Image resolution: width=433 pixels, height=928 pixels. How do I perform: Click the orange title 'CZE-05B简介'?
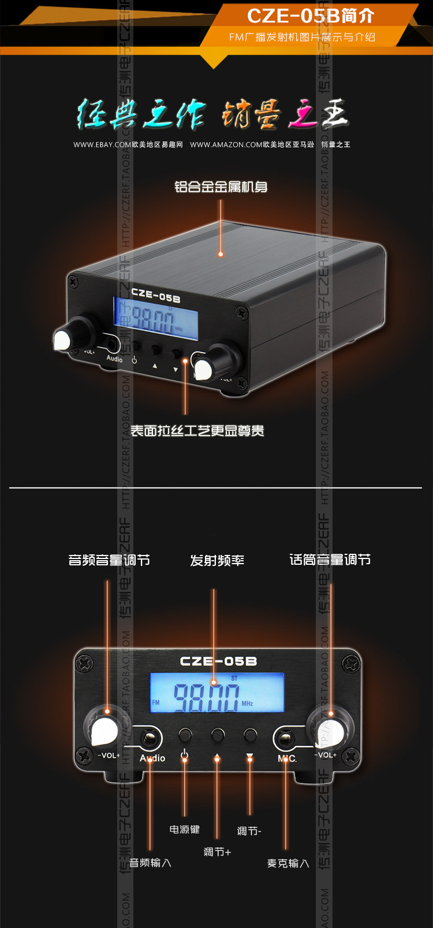(310, 16)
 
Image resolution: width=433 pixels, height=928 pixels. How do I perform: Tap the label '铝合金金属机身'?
(221, 187)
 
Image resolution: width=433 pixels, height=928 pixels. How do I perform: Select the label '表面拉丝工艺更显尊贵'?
(197, 431)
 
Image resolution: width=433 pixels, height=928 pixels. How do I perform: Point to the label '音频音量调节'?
(109, 560)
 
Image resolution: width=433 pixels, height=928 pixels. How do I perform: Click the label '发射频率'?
(217, 560)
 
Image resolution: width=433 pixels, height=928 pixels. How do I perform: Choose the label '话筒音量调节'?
(330, 560)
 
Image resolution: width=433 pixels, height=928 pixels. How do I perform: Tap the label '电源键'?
(184, 829)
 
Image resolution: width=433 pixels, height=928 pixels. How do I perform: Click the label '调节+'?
(217, 852)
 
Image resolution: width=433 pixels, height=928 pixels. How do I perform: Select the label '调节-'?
(249, 831)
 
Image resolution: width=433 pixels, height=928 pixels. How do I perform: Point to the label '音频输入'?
(150, 863)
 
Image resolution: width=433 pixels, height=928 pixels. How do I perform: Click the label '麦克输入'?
(288, 863)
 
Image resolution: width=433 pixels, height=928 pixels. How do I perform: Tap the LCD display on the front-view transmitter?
(217, 692)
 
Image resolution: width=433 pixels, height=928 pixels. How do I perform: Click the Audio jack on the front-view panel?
(151, 737)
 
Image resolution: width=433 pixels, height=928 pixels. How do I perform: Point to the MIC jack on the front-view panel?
(285, 737)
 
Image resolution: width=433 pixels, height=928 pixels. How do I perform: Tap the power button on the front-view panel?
(185, 735)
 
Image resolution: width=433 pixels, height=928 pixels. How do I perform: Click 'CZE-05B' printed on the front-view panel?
(218, 661)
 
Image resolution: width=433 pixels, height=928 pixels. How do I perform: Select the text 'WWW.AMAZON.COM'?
(226, 144)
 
